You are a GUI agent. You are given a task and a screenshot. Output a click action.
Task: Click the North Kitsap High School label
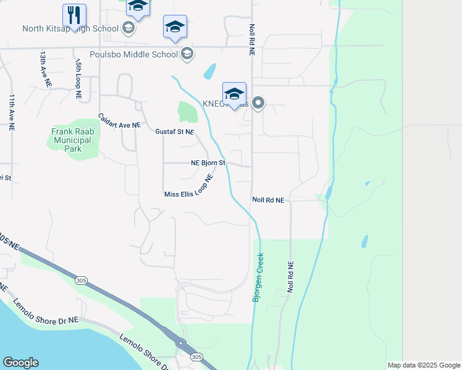coord(70,28)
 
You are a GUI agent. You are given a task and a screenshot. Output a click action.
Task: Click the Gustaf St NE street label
coord(175,131)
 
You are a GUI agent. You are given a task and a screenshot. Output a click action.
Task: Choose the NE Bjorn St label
coord(208,163)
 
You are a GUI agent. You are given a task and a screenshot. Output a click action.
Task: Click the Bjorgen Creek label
coord(259,277)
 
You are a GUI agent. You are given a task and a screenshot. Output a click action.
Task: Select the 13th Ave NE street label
coord(44,67)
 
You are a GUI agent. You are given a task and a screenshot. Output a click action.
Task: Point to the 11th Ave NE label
coord(11,110)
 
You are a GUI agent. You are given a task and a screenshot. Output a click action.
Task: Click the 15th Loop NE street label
coord(78,80)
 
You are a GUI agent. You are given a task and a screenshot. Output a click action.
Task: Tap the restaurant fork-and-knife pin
coord(74,15)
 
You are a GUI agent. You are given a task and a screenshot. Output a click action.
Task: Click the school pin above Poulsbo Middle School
coord(175,27)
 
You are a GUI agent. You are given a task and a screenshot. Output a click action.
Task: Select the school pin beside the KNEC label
coord(234,94)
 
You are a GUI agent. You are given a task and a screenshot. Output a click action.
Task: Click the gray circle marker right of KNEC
coord(258,104)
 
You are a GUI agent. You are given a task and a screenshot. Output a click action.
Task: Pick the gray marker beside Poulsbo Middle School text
coord(186,54)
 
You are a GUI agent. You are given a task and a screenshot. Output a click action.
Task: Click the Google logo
coord(20,363)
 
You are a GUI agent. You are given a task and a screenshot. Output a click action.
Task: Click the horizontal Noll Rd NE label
coord(268,200)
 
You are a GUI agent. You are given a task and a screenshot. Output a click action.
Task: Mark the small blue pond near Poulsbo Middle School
coord(210,72)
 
